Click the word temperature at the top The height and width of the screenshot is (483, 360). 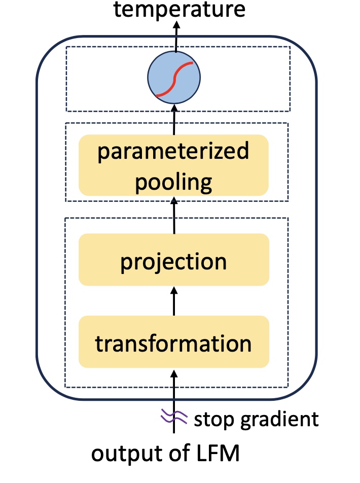point(179,9)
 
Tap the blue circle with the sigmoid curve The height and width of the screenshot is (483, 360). point(174,77)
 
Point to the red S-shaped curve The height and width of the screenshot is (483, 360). point(174,79)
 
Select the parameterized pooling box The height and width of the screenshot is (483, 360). point(174,165)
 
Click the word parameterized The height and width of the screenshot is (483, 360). point(173,151)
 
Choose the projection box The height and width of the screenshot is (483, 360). point(174,260)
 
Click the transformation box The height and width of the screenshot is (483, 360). point(174,341)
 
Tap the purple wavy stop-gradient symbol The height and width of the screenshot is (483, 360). point(174,418)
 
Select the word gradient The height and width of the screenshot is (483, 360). point(279,420)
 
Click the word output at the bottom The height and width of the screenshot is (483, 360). point(129,454)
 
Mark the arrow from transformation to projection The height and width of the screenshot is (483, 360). point(174,301)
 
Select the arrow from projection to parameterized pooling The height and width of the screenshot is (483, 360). point(174,215)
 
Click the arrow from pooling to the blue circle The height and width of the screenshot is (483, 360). point(174,119)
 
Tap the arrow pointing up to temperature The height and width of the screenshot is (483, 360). point(176,36)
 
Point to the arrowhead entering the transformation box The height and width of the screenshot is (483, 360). point(174,374)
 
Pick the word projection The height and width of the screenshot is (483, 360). point(173,262)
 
